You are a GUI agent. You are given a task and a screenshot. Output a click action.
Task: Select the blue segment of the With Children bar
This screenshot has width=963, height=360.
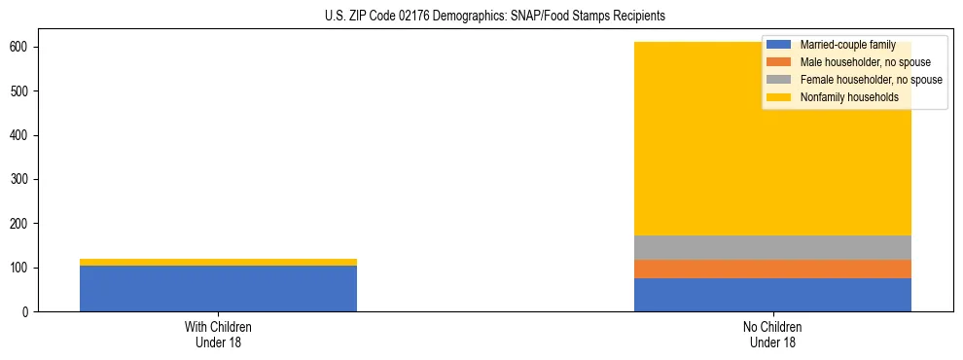click(218, 288)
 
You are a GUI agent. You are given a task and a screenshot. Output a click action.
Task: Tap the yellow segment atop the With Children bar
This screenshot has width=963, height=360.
click(218, 262)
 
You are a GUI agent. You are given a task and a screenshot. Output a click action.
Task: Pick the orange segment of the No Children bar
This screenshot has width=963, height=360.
click(772, 269)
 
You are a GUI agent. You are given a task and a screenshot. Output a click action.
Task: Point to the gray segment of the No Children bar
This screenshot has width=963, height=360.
click(772, 247)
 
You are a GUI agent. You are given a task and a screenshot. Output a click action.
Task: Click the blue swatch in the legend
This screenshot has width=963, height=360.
click(779, 45)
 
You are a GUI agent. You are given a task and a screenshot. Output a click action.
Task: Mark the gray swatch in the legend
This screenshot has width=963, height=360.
click(779, 80)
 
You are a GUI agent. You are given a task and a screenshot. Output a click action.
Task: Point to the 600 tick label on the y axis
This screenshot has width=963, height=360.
click(20, 47)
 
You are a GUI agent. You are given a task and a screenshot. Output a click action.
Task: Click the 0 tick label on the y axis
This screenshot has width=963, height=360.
click(26, 311)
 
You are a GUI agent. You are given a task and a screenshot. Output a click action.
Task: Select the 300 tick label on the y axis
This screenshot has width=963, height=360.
click(20, 179)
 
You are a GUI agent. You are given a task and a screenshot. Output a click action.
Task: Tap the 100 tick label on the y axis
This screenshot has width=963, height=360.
click(20, 268)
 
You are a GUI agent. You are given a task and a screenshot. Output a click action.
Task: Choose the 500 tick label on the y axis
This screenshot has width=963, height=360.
click(20, 91)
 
